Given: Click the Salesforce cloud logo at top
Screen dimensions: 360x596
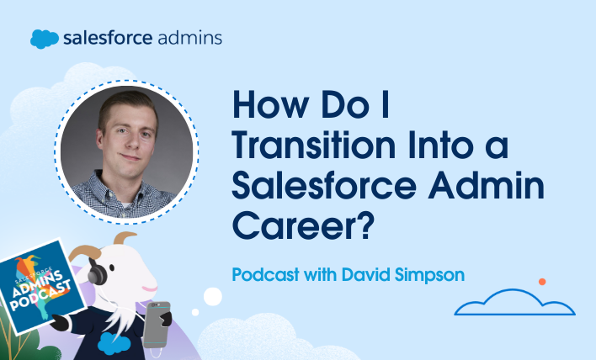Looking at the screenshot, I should click(44, 39).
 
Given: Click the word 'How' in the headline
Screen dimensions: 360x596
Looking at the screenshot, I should click(264, 107).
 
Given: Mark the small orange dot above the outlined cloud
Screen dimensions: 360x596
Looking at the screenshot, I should click(542, 281).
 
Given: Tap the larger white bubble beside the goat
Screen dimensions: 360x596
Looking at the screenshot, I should click(213, 295).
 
